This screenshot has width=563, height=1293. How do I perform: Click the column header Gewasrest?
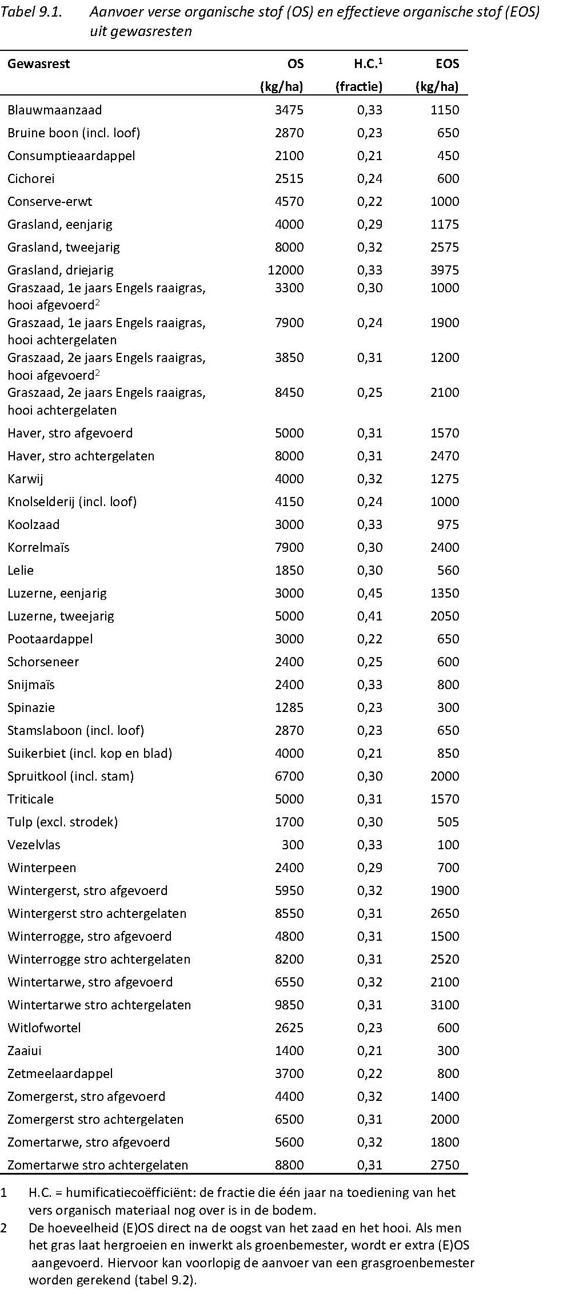(x=38, y=63)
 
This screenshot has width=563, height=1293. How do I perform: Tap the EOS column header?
(x=447, y=63)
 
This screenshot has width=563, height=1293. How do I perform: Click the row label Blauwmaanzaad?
(x=55, y=110)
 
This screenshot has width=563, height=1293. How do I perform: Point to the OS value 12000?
(x=286, y=270)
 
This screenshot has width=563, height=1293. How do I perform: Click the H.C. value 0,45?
(x=369, y=593)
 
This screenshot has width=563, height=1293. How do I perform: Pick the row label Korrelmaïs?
(x=38, y=547)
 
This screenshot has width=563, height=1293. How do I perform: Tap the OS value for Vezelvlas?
(x=293, y=845)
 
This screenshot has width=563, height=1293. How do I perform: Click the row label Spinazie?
(x=31, y=707)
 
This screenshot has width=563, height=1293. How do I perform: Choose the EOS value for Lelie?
(x=448, y=570)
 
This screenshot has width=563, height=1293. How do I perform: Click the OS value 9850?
(x=289, y=1005)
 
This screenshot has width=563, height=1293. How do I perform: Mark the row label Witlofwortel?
(x=44, y=1028)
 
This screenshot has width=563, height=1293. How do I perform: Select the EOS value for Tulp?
(x=448, y=822)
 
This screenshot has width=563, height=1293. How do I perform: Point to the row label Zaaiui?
(x=25, y=1051)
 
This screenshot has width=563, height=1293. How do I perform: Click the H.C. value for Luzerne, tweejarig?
(x=369, y=616)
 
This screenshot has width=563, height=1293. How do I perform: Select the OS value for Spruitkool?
(x=289, y=776)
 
